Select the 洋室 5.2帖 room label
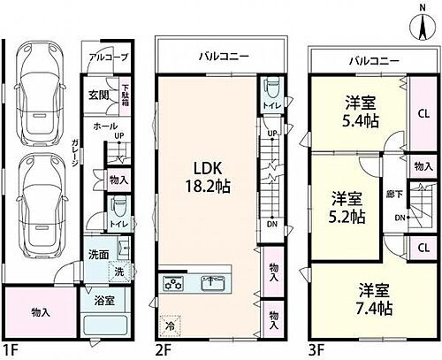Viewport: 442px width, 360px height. [344, 205]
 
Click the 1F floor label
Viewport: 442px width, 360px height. [10, 351]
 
